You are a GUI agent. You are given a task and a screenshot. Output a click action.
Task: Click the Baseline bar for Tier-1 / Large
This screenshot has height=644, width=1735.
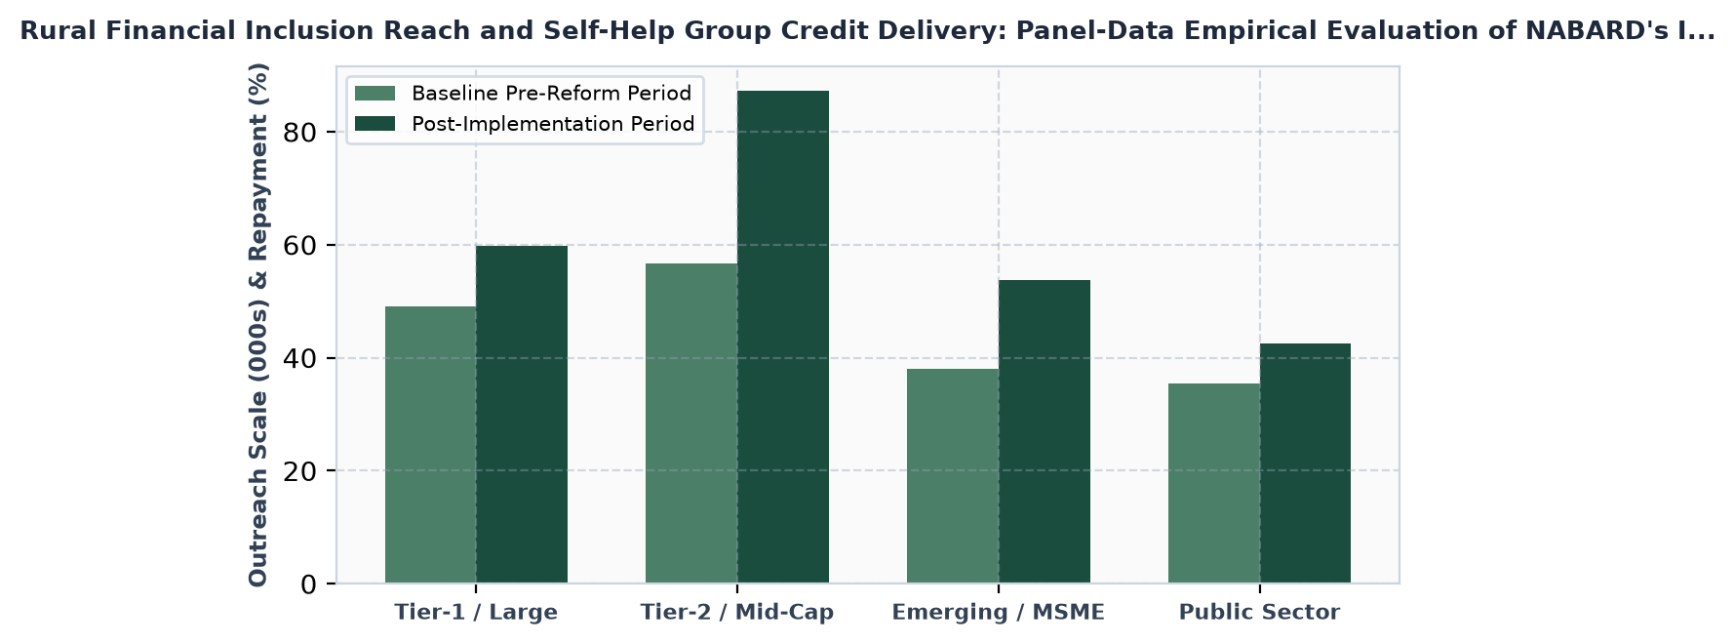[430, 445]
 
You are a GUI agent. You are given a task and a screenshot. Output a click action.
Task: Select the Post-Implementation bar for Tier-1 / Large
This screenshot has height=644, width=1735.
[522, 415]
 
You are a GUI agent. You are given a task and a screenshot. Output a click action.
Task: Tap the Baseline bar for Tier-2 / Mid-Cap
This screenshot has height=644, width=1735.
[691, 423]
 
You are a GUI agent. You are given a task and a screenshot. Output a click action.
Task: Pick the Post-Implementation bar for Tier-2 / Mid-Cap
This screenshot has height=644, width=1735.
[783, 338]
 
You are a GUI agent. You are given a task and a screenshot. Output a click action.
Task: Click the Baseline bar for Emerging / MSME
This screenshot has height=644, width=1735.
[953, 476]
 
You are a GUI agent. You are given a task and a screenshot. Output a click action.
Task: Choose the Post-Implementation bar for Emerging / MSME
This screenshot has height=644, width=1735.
[1045, 432]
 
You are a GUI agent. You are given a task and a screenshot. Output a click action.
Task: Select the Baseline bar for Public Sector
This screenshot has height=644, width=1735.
[1214, 484]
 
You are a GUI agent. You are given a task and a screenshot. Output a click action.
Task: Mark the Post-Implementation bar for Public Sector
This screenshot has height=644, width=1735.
[1305, 463]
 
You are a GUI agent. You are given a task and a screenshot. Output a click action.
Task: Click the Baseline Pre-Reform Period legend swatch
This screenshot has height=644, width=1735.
[375, 94]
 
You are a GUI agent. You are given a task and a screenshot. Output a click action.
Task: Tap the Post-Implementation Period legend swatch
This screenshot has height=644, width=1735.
[375, 124]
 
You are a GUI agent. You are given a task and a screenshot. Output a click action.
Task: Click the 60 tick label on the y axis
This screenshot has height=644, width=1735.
[300, 245]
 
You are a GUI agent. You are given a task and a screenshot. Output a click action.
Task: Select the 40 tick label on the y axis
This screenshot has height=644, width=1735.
[300, 358]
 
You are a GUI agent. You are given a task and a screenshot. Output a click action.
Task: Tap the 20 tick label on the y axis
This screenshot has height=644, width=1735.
[300, 471]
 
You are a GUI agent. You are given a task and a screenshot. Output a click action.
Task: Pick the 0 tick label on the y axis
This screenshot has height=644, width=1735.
[309, 584]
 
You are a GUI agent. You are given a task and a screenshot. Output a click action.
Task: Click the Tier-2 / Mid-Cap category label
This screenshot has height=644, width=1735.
[737, 613]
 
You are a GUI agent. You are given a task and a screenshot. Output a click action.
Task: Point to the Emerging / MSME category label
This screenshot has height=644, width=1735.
[999, 613]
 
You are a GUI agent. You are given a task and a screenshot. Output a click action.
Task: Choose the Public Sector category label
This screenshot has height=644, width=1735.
[1260, 613]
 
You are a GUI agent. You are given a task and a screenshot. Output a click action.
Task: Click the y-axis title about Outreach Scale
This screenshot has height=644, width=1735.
[258, 325]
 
